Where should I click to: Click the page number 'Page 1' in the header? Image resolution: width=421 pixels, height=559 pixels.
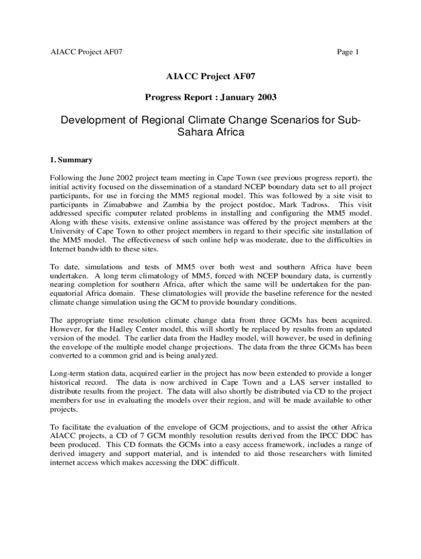(348, 52)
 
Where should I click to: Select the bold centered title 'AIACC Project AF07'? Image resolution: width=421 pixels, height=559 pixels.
(210, 77)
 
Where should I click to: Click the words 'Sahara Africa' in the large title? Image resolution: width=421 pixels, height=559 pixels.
(210, 132)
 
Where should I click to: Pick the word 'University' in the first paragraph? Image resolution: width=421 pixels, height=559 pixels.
(68, 231)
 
